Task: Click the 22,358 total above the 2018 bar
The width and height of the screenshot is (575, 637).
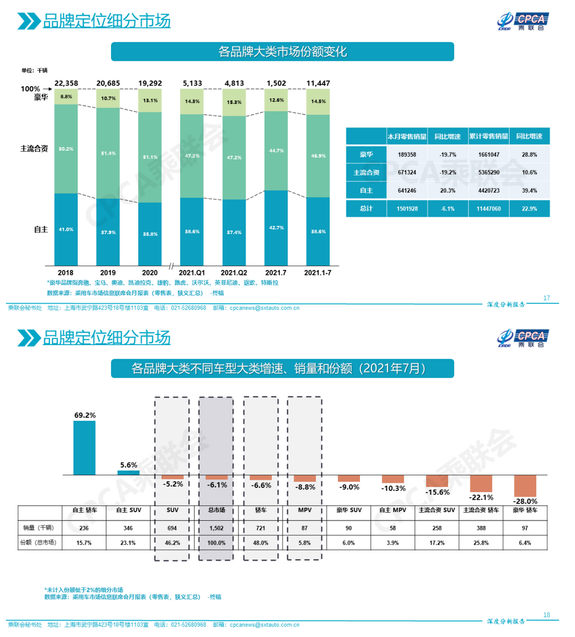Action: point(66,83)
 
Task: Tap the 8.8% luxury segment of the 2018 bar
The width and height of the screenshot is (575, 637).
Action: point(66,96)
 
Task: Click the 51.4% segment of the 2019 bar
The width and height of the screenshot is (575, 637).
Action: point(108,154)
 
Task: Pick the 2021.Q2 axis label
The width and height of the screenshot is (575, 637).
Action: point(235,272)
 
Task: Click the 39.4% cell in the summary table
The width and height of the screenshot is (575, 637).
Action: point(529,191)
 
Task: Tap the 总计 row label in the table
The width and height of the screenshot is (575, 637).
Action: point(366,209)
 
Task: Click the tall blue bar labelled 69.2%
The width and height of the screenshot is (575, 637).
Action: point(84,448)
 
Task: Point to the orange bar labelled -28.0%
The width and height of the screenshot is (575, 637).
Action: point(525,485)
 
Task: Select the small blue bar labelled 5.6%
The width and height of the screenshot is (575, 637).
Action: point(129,473)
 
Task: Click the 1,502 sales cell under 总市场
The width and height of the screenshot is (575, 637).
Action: point(216,528)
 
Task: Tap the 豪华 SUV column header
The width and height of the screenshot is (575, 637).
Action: point(348,511)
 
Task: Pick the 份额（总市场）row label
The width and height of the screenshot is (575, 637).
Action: point(40,543)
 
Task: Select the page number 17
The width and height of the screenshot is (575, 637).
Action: point(547,298)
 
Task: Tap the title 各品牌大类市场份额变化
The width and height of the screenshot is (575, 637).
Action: point(282,52)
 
